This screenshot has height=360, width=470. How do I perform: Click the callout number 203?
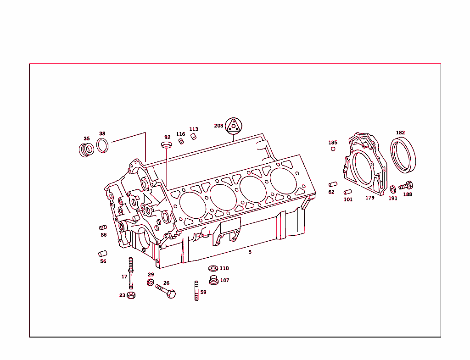click(x=218, y=126)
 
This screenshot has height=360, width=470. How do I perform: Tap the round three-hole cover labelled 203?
click(x=233, y=125)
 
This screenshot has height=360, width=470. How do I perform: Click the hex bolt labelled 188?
click(x=406, y=186)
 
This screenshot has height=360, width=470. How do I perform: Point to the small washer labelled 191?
click(x=393, y=189)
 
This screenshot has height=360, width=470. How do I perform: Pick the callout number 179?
click(x=369, y=198)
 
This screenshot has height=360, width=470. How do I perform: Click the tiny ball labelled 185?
click(x=333, y=149)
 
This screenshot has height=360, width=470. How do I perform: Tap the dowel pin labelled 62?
click(x=333, y=184)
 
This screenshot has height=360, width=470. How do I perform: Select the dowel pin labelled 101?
click(x=348, y=192)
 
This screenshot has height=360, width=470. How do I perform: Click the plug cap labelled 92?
click(x=167, y=145)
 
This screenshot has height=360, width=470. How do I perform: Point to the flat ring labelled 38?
click(x=103, y=145)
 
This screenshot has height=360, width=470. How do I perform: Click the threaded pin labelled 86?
click(x=103, y=227)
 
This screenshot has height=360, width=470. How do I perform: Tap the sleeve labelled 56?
click(x=103, y=254)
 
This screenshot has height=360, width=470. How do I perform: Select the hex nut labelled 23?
click(x=131, y=295)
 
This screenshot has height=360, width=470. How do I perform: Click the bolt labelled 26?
click(x=166, y=291)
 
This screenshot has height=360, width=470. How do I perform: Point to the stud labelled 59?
click(x=196, y=291)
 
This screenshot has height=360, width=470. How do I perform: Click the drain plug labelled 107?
click(x=213, y=280)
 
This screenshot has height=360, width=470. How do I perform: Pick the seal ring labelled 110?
click(x=213, y=268)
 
